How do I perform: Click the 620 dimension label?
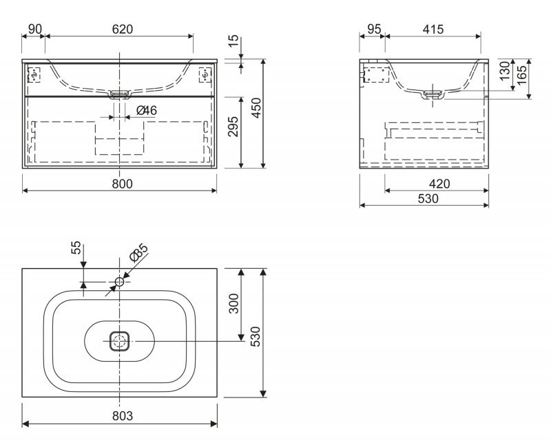(123, 29)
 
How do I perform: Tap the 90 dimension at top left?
(35, 29)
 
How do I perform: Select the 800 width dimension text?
(123, 184)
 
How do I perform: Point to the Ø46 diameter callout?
(147, 111)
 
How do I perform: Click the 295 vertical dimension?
(233, 127)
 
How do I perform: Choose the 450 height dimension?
(257, 108)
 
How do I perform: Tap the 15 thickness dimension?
(233, 41)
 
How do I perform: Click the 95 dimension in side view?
(373, 29)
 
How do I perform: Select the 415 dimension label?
(433, 29)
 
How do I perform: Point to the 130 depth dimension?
(505, 71)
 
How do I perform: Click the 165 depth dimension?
(521, 74)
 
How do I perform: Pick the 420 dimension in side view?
(439, 184)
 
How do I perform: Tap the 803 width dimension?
(123, 416)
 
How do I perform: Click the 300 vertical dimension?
(233, 303)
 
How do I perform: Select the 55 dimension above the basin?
(76, 248)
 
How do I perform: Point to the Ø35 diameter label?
(139, 252)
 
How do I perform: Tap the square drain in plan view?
(119, 341)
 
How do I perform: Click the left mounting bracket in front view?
(34, 75)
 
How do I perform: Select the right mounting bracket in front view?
(205, 75)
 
